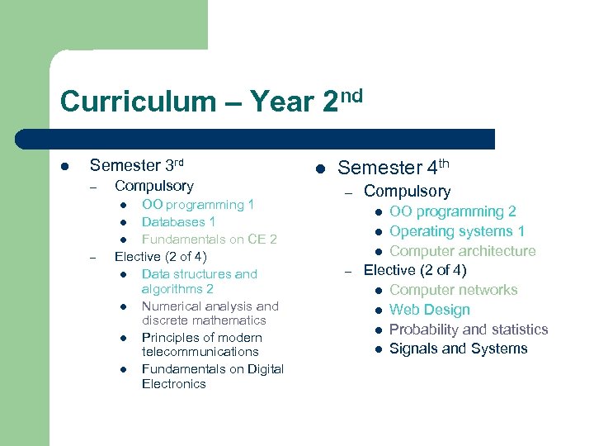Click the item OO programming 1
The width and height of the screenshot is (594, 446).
coord(198,205)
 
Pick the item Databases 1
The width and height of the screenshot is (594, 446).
coord(178,222)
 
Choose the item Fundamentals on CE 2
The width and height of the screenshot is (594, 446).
coord(209,240)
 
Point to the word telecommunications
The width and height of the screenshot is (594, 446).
coord(200,352)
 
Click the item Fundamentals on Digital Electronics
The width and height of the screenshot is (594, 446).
coord(212,377)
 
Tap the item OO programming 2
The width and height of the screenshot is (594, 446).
coord(452,212)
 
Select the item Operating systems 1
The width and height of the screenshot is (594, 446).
coord(456,231)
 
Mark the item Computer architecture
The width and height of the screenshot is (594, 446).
coord(462,251)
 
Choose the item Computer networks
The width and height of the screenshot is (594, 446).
coord(453,290)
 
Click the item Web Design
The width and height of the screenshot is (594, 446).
coord(429,310)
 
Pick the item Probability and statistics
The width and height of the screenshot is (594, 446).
coord(468,330)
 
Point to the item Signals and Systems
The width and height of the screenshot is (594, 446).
coord(458,349)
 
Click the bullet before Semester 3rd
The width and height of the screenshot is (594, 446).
coord(65,166)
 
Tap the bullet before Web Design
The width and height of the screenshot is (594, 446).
coord(377,311)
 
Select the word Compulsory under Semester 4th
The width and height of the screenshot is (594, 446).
coord(407,192)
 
